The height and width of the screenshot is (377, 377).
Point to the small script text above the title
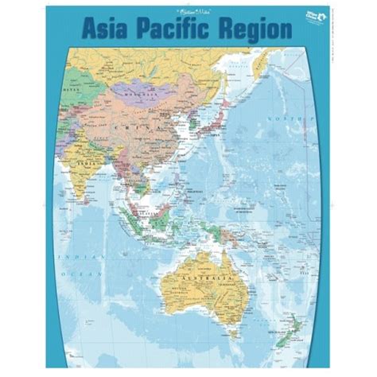[x=188, y=11]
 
